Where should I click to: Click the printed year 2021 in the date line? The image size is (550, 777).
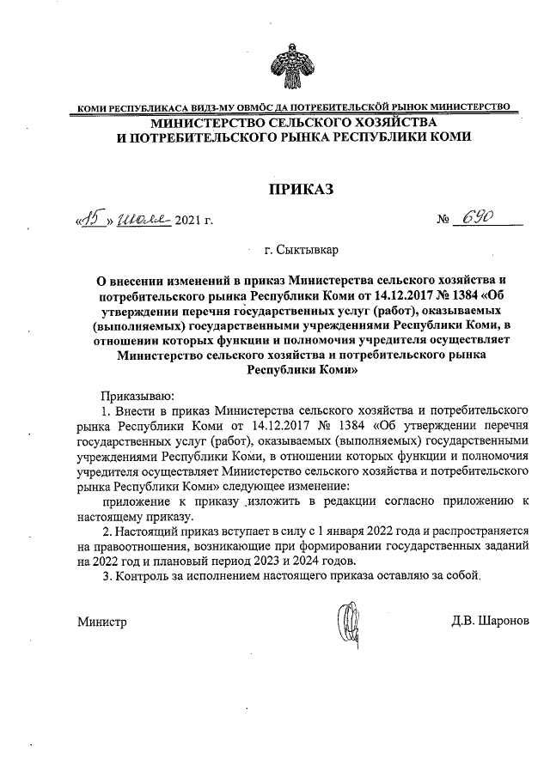click(x=189, y=223)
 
